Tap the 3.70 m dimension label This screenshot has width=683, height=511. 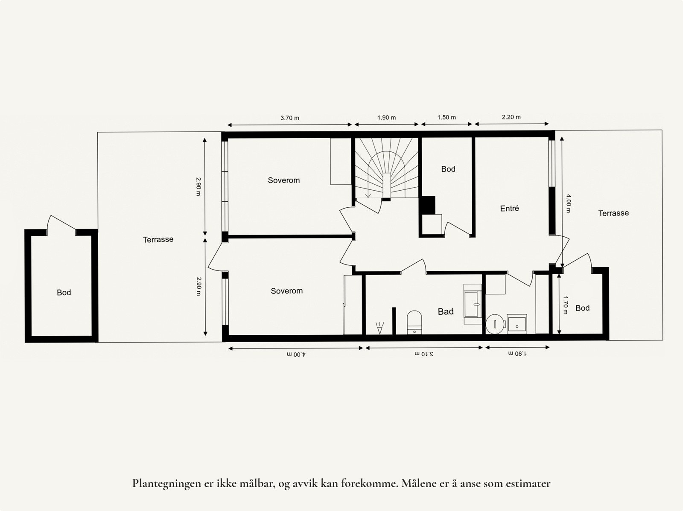(x=289, y=118)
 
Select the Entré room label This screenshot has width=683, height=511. (x=509, y=209)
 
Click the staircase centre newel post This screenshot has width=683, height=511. (x=386, y=186)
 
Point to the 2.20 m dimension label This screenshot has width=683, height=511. (x=511, y=117)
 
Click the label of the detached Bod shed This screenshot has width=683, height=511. (x=64, y=293)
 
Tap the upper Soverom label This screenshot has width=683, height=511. (x=284, y=180)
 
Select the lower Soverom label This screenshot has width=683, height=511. (x=286, y=291)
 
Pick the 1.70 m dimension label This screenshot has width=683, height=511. (x=566, y=305)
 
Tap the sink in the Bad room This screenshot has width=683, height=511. (x=473, y=304)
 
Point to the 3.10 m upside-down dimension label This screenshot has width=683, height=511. (x=424, y=354)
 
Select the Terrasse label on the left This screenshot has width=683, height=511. (x=158, y=240)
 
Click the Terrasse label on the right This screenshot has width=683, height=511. (x=613, y=213)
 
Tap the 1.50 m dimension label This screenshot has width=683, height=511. (x=447, y=117)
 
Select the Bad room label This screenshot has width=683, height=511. (x=445, y=312)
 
